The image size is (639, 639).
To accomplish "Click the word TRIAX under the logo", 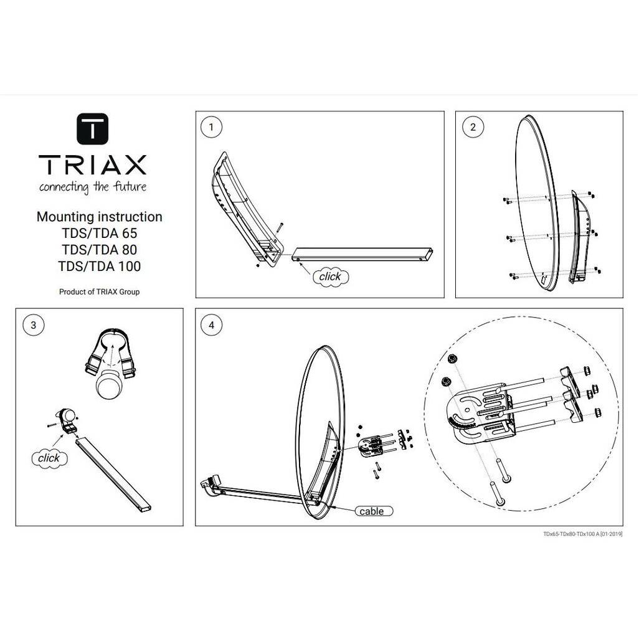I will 93,165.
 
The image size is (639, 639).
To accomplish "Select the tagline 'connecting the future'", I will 93,187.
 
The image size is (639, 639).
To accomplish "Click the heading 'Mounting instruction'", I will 100,217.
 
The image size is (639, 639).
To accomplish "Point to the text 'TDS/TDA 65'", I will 100,234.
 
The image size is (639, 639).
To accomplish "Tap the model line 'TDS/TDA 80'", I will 100,250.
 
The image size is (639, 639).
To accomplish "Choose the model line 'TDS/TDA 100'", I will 100,267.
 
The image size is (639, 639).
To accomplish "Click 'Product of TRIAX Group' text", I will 100,291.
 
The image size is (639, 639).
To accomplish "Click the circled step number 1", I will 212,128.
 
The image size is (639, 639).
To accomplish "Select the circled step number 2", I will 472,128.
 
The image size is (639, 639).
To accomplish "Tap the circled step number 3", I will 33,324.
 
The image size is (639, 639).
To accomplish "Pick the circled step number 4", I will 212,324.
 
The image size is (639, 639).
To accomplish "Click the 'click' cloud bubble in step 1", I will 330,276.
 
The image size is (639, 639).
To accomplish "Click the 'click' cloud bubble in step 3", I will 49,458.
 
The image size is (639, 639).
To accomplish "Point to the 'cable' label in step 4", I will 372,511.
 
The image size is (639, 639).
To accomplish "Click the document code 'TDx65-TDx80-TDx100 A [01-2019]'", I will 582,534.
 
